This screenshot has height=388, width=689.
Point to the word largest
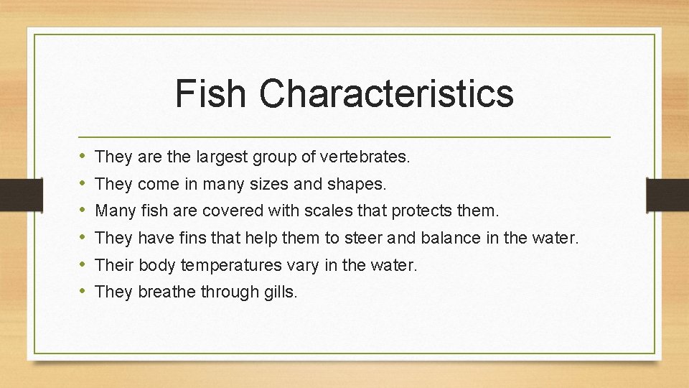click(x=221, y=156)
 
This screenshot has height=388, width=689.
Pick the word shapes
click(x=357, y=184)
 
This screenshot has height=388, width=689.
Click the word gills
click(x=281, y=292)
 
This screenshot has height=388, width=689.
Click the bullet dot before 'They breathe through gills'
click(x=83, y=292)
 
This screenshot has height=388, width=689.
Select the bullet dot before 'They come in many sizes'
click(x=83, y=183)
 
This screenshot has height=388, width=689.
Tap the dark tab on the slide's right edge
click(x=667, y=194)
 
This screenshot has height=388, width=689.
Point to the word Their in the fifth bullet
click(x=114, y=265)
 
